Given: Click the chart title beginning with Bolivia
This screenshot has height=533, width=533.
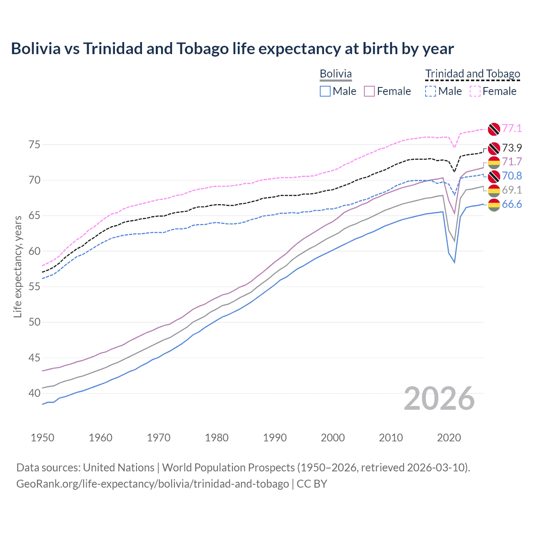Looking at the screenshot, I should (232, 49).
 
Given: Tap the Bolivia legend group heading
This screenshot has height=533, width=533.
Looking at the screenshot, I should (336, 74).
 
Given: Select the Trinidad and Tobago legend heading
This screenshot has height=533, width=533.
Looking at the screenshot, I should (473, 74).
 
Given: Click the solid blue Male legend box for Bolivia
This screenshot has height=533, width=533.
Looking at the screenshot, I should (325, 91).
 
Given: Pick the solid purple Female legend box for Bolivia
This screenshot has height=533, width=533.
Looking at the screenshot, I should (369, 91).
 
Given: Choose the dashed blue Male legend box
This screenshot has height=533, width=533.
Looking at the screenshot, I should (431, 91).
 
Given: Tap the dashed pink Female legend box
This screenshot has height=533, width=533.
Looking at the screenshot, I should (475, 91).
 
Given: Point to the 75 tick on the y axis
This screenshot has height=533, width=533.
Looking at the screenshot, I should (35, 145).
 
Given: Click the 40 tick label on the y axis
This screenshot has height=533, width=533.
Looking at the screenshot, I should (35, 393).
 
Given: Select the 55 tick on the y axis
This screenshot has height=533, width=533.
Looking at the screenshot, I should (35, 287).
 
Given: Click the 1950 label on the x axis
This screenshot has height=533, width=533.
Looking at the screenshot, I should (42, 438).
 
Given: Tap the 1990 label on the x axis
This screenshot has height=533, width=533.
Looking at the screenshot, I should (275, 438).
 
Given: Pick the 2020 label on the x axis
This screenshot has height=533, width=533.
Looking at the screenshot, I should (449, 438).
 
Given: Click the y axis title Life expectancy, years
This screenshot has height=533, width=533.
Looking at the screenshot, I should (17, 266).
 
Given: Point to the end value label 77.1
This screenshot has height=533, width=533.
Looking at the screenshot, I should (512, 128).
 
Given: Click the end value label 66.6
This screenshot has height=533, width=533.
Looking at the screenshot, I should (512, 204).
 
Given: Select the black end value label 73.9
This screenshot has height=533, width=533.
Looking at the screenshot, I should (512, 148).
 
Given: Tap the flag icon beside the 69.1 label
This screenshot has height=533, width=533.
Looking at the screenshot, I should (494, 190).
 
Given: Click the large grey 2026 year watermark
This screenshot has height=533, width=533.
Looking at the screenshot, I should (439, 399).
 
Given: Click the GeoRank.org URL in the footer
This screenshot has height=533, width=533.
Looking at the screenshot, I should (152, 484).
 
